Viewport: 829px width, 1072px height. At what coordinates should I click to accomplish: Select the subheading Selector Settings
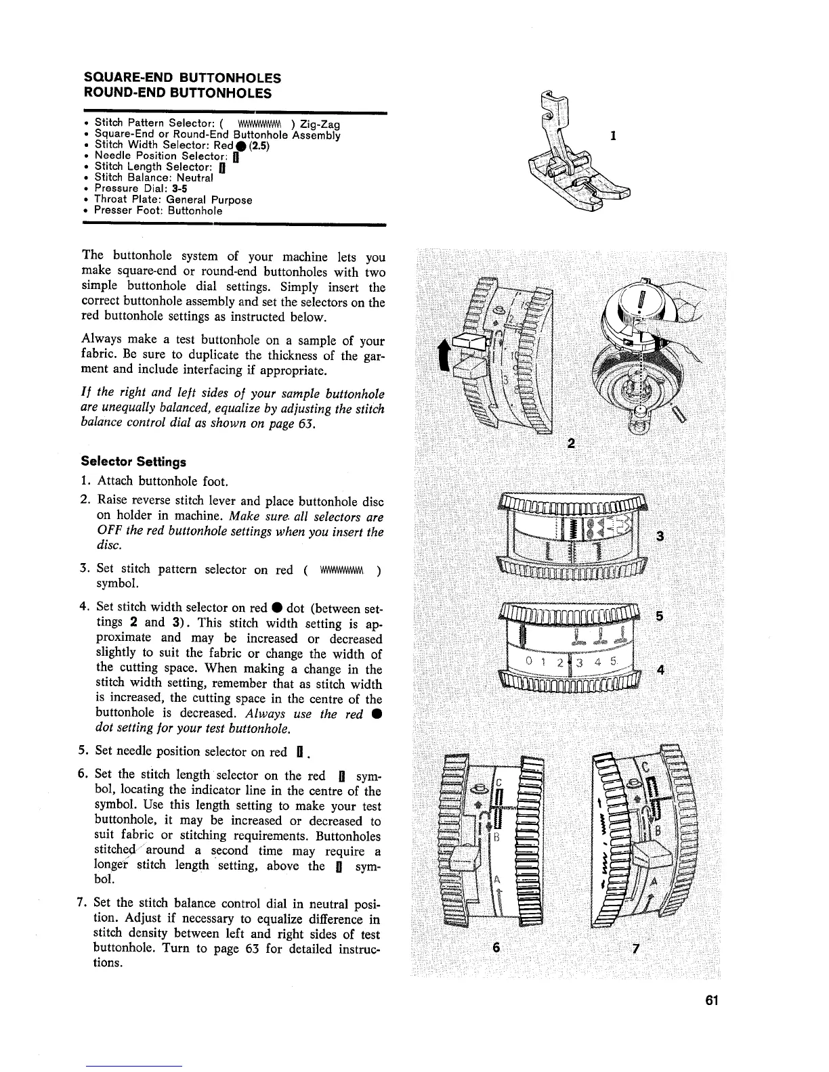(x=133, y=462)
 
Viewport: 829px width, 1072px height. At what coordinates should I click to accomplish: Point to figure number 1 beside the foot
(x=613, y=135)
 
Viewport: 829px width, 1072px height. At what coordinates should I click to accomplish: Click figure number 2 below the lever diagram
(x=572, y=443)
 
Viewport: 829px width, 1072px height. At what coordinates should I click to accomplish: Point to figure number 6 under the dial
(x=496, y=947)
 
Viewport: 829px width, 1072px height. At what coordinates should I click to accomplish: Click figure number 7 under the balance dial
(x=635, y=947)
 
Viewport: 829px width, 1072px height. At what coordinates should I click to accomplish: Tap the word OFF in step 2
(x=108, y=531)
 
